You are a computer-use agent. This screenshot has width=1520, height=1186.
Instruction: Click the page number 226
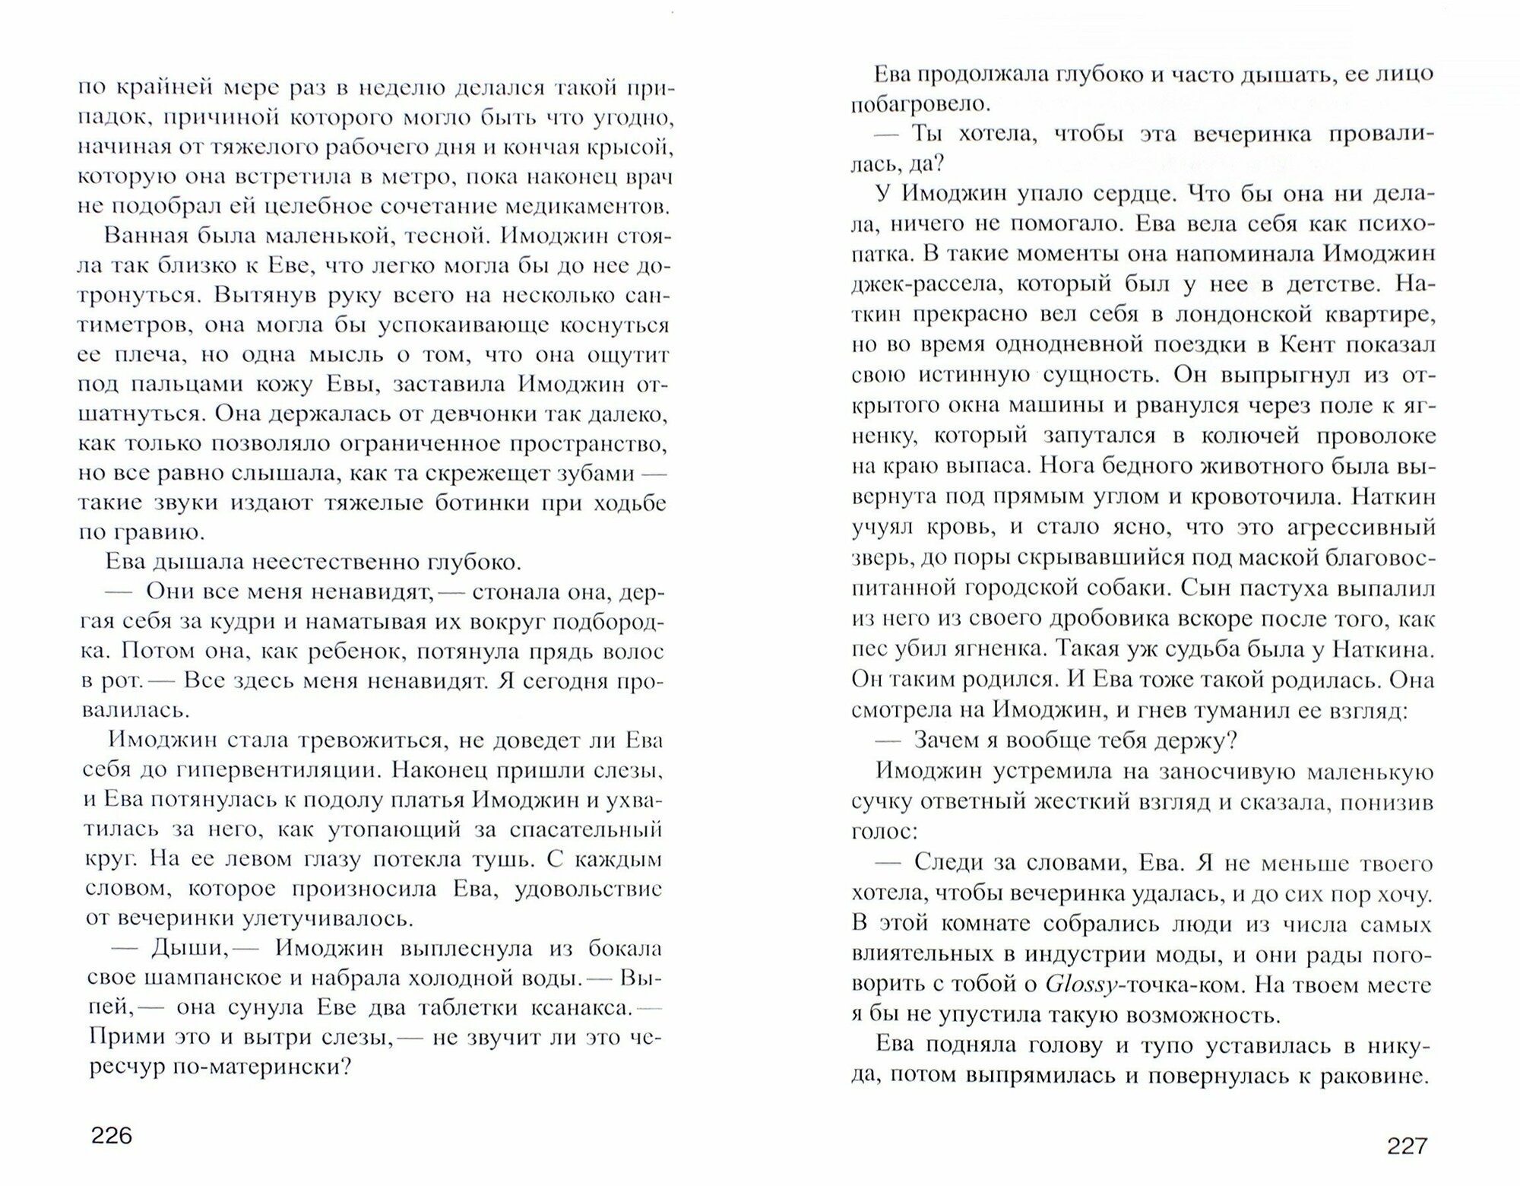[x=112, y=1136]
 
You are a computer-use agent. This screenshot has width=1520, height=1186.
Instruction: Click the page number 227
[x=1408, y=1146]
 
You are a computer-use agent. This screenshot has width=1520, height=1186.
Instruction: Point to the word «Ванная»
[x=141, y=236]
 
